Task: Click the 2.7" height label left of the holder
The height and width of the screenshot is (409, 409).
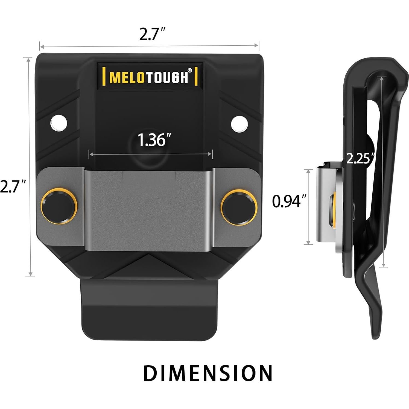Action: pos(13,187)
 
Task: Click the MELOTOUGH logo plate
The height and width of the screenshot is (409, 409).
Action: pos(150,76)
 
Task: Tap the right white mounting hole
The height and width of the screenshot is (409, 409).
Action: pos(239,123)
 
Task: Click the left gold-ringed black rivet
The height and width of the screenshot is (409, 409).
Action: pos(59,205)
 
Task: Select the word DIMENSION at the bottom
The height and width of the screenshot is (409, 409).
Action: pos(208,373)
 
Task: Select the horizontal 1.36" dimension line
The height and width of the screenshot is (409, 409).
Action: pos(150,154)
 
